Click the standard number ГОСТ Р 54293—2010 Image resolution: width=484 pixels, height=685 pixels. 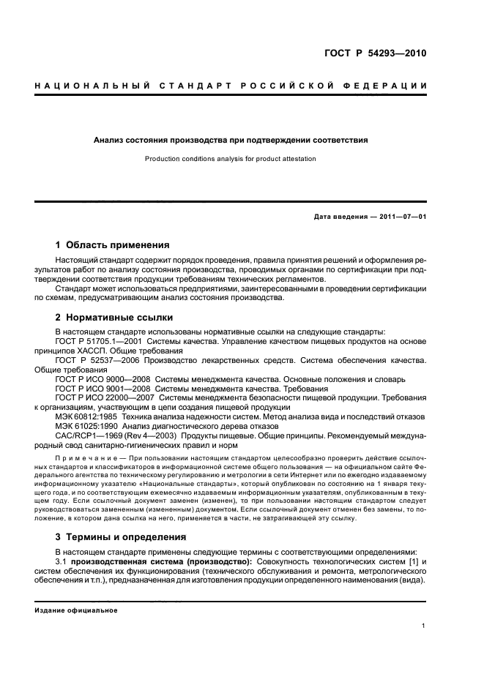point(375,53)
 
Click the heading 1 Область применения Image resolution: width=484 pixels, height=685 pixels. point(112,244)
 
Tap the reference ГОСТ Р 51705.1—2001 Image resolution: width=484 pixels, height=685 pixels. point(100,342)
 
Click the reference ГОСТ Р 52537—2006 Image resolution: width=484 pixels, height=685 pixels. point(100,361)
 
